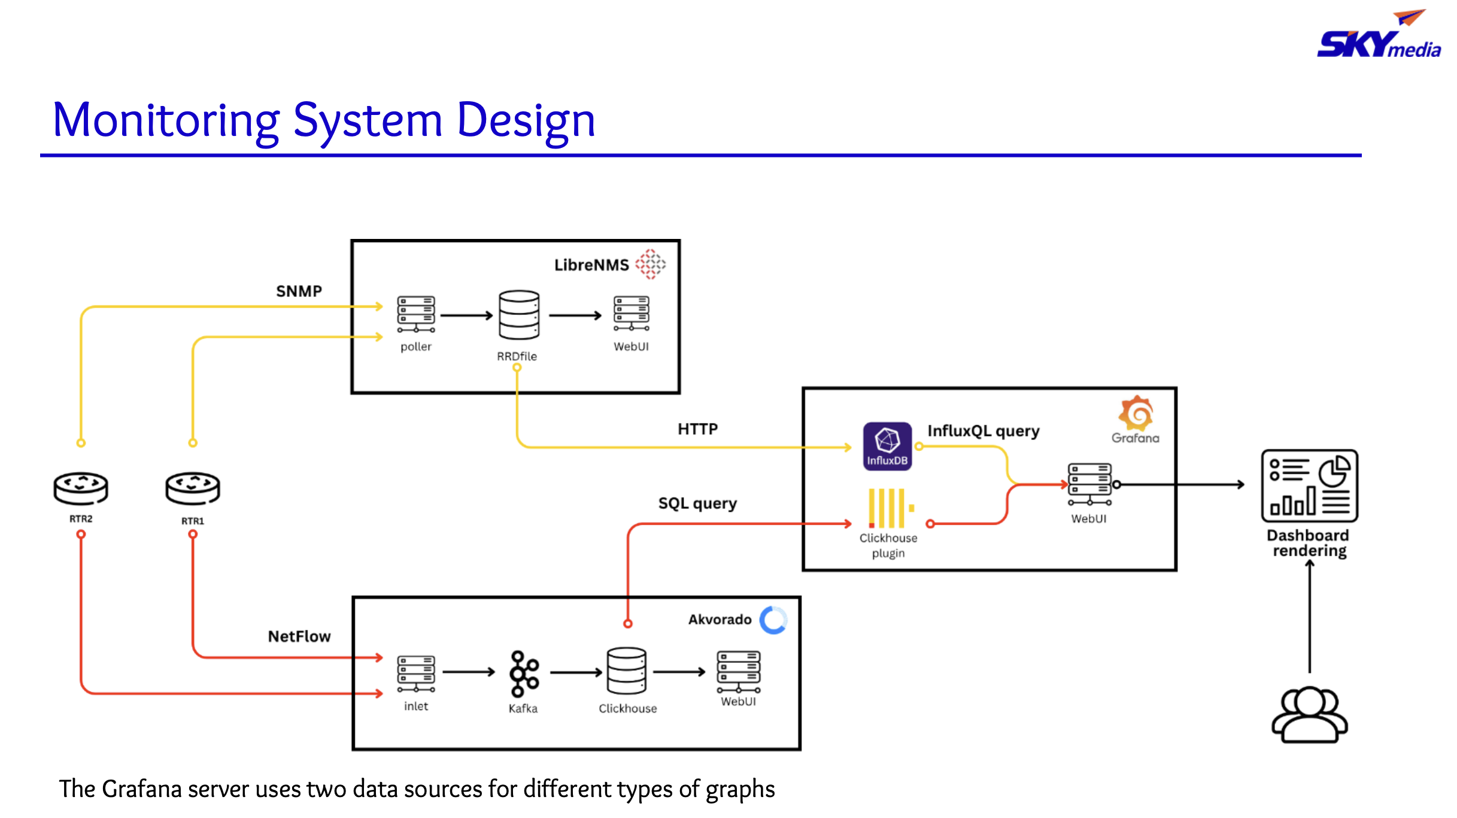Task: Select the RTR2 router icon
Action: tap(81, 487)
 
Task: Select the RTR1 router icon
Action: tap(193, 488)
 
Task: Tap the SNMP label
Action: tap(299, 291)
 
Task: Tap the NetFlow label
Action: tap(299, 636)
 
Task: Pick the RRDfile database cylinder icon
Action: tap(519, 315)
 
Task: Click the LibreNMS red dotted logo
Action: tap(651, 264)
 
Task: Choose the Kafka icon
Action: tap(524, 673)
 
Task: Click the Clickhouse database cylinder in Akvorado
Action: tap(627, 671)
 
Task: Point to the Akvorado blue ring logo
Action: tap(773, 620)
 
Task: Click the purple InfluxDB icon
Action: tap(887, 446)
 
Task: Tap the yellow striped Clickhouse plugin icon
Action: tap(890, 508)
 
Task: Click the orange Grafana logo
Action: tap(1136, 413)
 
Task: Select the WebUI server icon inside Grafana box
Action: tap(1089, 484)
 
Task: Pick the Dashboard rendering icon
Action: tap(1309, 486)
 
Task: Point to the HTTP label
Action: tap(697, 429)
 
